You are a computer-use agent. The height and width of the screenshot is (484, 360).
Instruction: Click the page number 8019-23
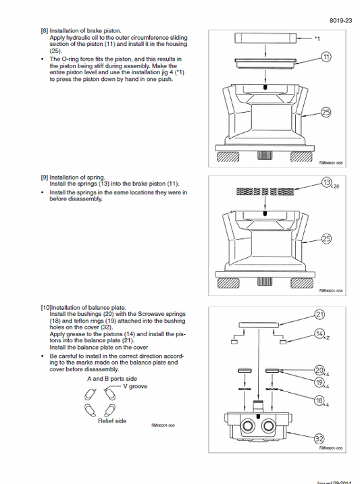342,20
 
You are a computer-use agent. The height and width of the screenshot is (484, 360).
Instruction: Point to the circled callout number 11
327,58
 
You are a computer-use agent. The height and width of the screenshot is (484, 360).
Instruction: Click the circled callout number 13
326,183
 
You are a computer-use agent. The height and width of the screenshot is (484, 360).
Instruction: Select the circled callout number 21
321,315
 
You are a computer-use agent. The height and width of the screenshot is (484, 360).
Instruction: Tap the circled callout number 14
321,333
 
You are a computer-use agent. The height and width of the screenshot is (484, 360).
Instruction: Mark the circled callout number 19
321,383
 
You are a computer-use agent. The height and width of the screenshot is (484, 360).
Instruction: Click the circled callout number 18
321,400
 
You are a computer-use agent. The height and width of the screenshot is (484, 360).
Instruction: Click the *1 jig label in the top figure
317,39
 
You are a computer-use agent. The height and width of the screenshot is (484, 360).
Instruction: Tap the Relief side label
112,420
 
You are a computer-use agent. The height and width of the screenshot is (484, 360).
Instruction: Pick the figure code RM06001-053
331,162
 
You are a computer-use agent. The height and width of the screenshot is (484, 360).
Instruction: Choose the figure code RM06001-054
331,291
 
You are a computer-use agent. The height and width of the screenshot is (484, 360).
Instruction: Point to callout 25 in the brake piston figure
327,112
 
